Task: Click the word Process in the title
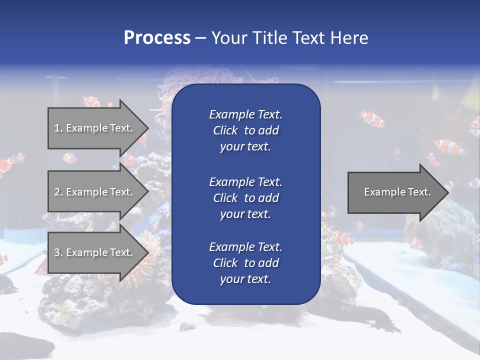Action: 157,38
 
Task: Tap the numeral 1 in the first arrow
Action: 56,128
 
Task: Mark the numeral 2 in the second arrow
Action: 56,192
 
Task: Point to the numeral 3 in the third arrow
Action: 56,252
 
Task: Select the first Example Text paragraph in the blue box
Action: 245,130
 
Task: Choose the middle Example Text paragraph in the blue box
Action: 245,198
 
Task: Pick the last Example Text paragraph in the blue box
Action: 245,263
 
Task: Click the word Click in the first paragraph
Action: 225,130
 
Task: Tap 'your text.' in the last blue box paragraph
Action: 245,279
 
